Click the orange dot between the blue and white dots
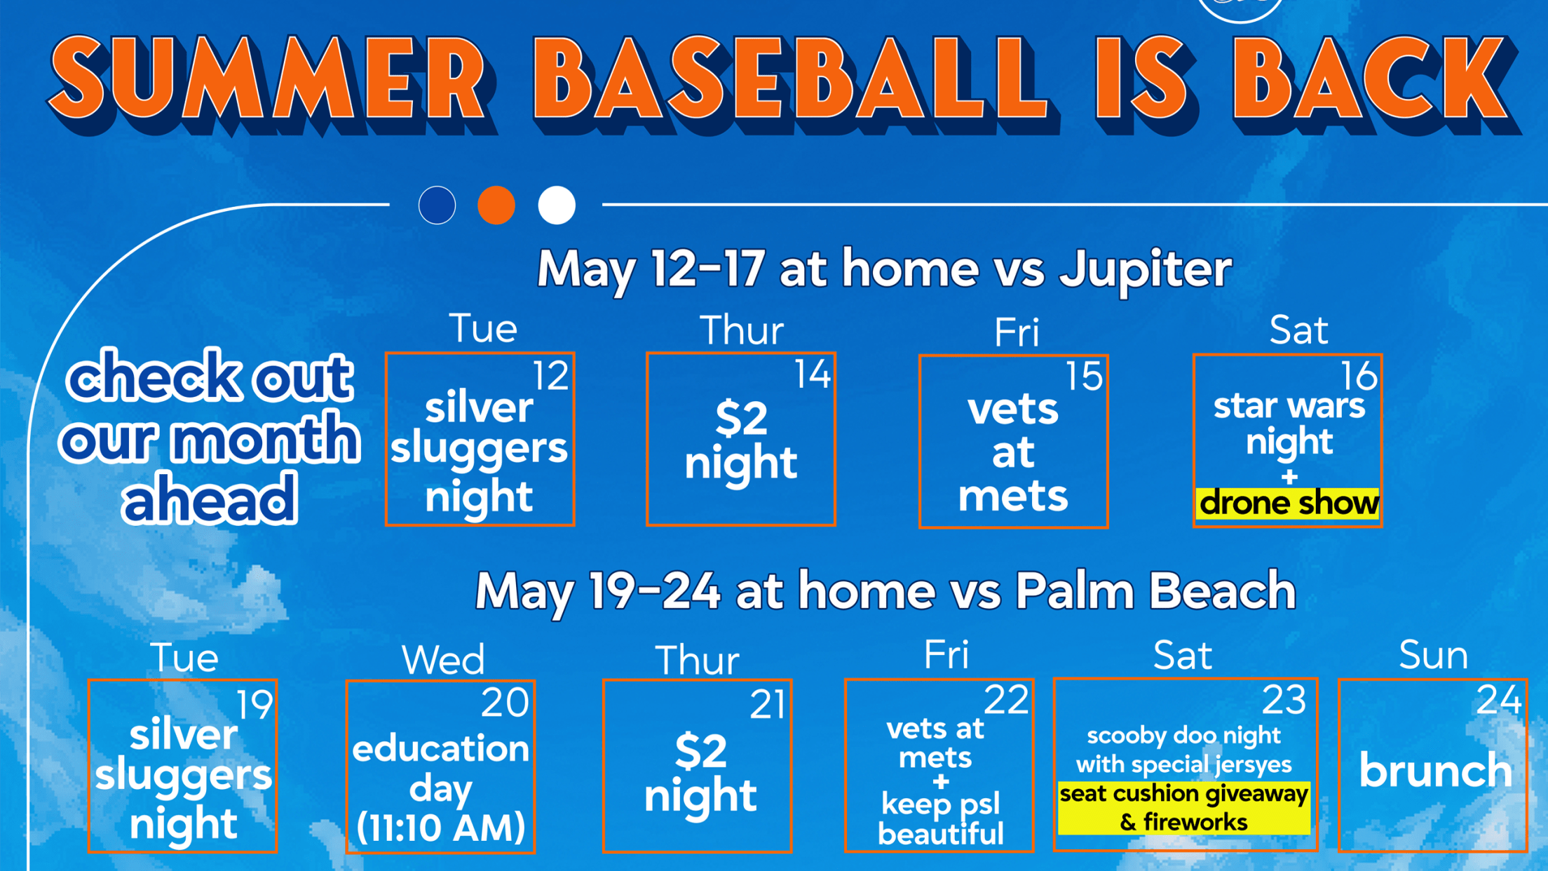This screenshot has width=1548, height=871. point(496,205)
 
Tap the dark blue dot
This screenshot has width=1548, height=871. point(437,205)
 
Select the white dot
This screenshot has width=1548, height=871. point(557,205)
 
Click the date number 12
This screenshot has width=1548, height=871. point(550,376)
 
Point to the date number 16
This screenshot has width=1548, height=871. point(1359,377)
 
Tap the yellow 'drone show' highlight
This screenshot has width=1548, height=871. point(1287,504)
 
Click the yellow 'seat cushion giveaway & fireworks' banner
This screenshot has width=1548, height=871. point(1183,808)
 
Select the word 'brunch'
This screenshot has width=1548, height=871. point(1435,770)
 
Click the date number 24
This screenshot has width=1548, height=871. point(1498,700)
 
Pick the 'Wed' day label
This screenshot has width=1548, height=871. point(443,660)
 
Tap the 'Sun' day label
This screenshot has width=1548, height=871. point(1433,656)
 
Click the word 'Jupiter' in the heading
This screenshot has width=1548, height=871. point(1145,271)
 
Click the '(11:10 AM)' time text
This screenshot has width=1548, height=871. point(440,828)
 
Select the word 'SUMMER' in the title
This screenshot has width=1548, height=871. point(272,81)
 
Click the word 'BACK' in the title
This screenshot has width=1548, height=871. point(1374,81)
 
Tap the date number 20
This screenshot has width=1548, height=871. point(505,703)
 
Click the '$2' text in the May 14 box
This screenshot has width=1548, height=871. point(741,419)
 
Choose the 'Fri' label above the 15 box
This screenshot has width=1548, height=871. point(1016,332)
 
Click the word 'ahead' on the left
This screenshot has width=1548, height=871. point(210,499)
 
